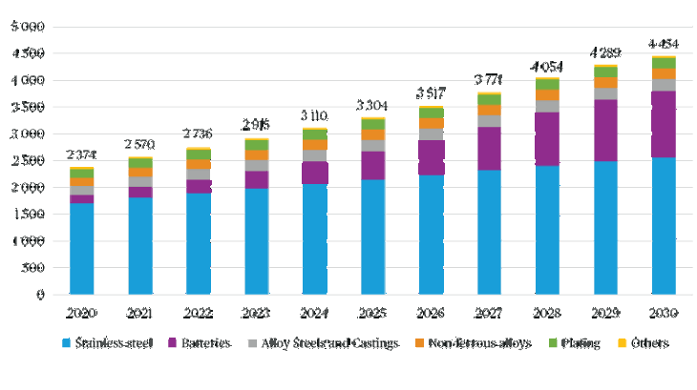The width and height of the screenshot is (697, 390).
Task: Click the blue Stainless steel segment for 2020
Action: (82, 249)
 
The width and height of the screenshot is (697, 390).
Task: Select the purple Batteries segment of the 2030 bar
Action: (664, 124)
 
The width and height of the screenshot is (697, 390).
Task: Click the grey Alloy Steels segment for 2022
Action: (199, 174)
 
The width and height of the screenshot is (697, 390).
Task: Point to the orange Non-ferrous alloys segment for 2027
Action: (489, 110)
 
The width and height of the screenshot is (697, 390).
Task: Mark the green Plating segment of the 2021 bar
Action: (140, 162)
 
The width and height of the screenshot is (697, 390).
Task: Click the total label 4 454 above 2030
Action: (664, 43)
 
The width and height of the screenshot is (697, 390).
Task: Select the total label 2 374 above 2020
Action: (82, 154)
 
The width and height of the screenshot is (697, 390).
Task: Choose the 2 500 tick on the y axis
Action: (28, 161)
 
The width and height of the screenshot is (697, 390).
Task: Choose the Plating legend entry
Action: (577, 343)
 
